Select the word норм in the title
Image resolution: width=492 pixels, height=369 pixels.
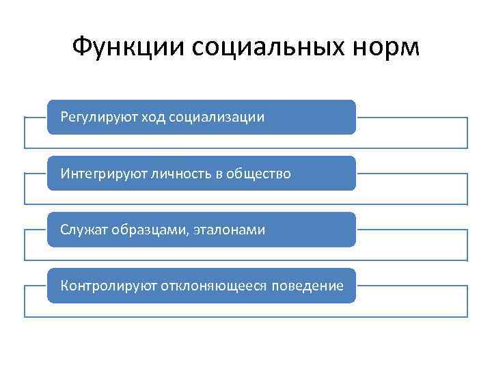[387, 47]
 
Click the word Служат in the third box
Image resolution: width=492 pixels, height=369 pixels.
[81, 230]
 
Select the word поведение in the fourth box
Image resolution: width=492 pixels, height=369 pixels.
[307, 286]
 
